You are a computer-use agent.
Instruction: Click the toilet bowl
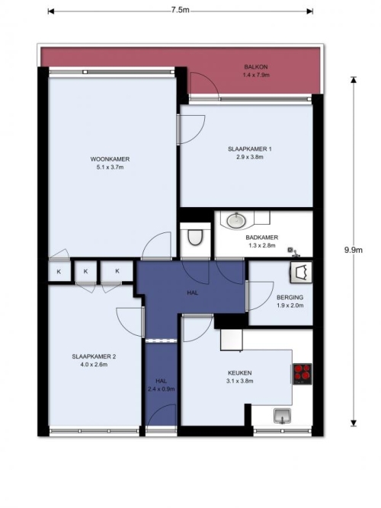(195, 237)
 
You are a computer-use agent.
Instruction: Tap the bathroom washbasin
(235, 221)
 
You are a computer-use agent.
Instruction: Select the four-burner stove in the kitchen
(303, 374)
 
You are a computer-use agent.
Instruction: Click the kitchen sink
(282, 416)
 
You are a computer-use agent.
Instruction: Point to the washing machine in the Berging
(301, 273)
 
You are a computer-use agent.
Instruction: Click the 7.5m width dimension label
(181, 10)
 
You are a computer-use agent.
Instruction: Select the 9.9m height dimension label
(354, 250)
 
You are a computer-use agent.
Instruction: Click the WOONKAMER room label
(110, 159)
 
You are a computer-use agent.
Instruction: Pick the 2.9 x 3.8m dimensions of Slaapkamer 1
(250, 157)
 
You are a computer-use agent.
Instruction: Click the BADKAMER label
(261, 238)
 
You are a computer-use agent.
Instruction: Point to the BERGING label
(290, 298)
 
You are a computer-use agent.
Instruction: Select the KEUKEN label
(239, 373)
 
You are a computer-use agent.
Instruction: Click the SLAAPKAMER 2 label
(94, 356)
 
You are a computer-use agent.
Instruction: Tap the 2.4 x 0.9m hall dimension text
(161, 389)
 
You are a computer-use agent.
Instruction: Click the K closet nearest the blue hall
(117, 271)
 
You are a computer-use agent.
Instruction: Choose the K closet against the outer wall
(59, 272)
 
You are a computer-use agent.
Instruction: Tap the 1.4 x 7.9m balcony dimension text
(256, 75)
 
